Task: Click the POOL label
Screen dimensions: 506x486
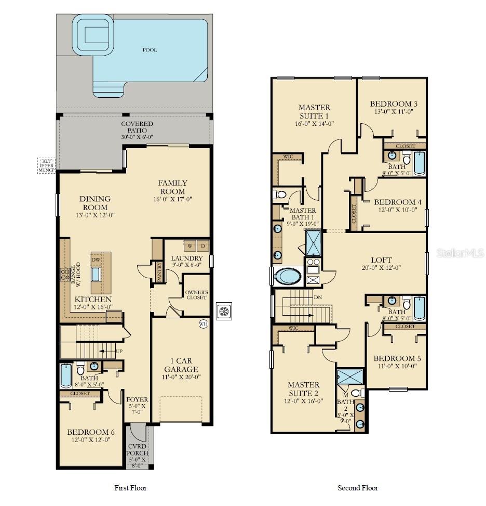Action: (150, 50)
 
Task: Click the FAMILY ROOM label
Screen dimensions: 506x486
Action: (172, 187)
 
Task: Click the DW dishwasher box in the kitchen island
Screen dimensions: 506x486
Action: (96, 260)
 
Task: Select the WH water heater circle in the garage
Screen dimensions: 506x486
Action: (203, 323)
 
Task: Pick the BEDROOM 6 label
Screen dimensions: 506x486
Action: (91, 432)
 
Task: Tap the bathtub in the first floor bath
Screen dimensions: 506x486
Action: (66, 376)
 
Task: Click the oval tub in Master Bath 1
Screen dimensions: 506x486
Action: (287, 276)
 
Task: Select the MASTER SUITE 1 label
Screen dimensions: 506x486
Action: (314, 111)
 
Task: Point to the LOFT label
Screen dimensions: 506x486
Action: (381, 260)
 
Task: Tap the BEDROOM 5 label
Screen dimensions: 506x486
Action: (397, 358)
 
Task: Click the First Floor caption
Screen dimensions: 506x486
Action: (130, 488)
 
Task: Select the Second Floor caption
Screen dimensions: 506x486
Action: (358, 488)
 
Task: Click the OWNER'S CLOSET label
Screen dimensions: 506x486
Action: (196, 295)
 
